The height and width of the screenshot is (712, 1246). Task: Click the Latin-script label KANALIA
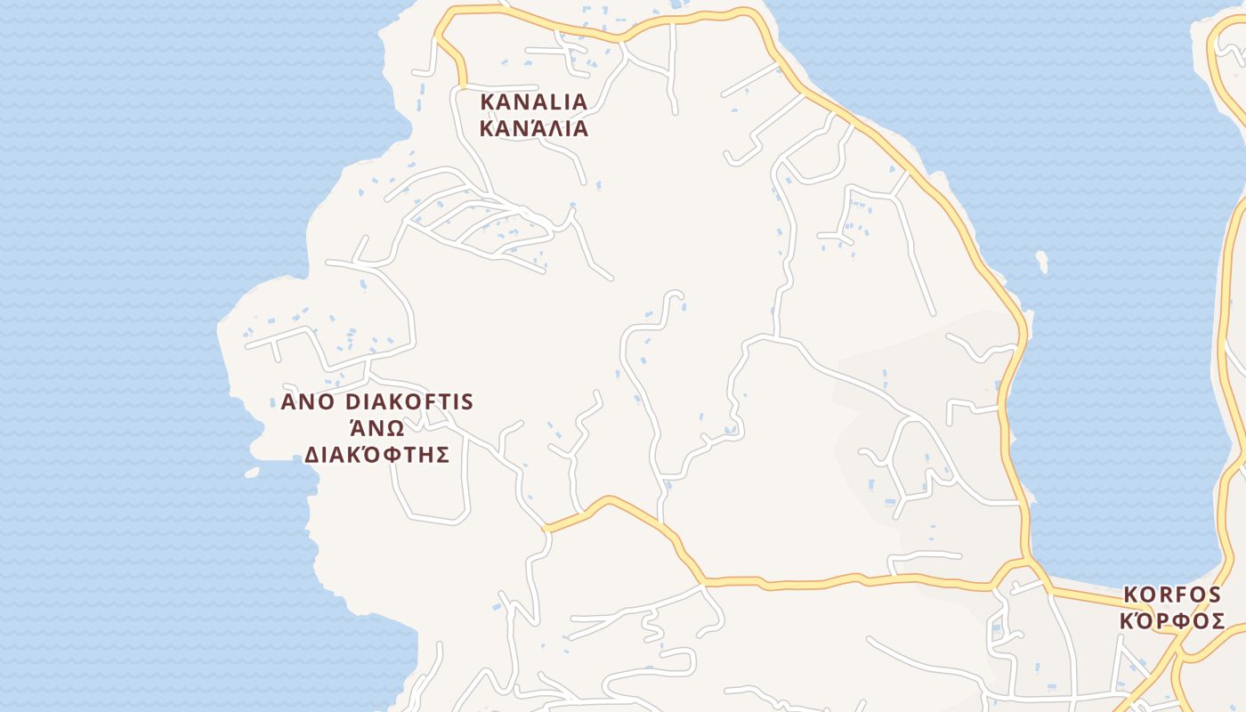(x=534, y=101)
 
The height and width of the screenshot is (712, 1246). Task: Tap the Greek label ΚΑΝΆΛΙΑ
(x=534, y=128)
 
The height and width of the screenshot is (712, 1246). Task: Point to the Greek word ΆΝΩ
(x=376, y=428)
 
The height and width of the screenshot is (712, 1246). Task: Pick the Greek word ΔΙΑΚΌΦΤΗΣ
(x=376, y=455)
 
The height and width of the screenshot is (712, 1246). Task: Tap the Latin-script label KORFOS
(x=1174, y=594)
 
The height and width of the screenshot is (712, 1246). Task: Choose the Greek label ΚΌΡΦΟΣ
(x=1172, y=621)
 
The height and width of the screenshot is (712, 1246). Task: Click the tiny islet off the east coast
(x=1042, y=262)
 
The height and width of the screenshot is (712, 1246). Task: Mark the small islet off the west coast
(x=252, y=472)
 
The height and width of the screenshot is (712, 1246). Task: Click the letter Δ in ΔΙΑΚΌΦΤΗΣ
(x=312, y=456)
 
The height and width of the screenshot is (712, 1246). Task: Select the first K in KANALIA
(x=488, y=101)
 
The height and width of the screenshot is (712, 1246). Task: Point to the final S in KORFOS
(x=1218, y=594)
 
